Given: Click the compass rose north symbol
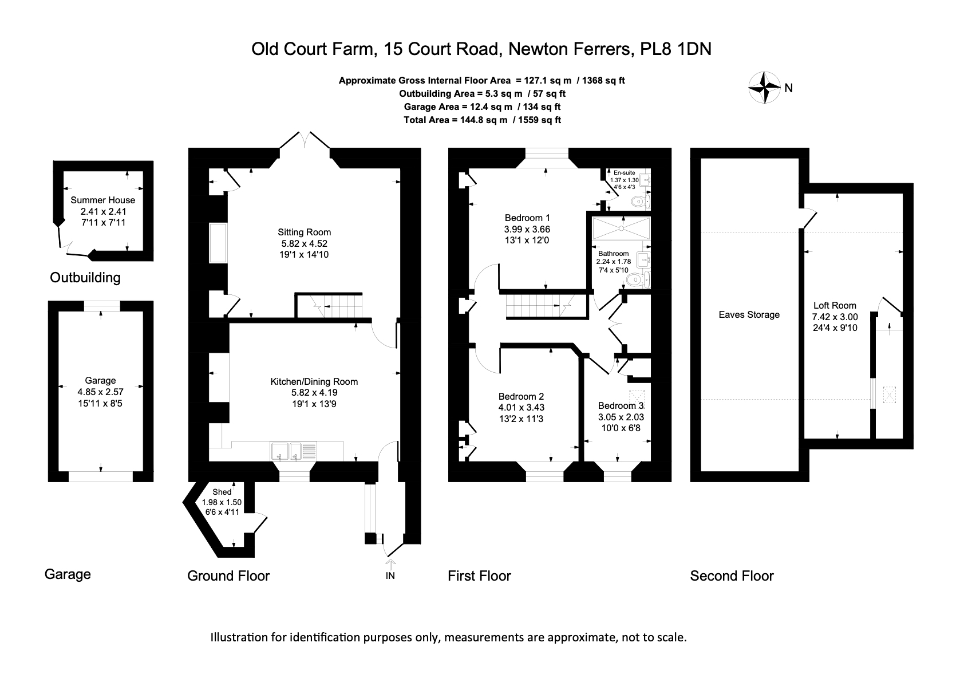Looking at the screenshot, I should pos(765,88).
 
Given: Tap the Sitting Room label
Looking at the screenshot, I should pos(304,232).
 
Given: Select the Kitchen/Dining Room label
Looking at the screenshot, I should pos(314,381).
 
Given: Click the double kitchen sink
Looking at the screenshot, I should pos(287,451).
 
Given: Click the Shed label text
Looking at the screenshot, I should pos(222,492).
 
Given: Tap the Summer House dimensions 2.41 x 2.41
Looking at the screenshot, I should pos(103,211).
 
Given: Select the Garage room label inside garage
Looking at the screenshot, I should pos(100,380).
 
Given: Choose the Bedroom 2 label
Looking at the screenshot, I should pos(521,396).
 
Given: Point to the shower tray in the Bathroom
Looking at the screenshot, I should pos(621,228).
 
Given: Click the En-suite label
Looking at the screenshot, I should pos(624,172).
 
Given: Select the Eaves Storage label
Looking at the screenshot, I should pos(749,314).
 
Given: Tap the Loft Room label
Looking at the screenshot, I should pos(835,305).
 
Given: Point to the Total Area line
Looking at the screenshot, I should pos(482,120).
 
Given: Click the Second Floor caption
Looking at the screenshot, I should pos(732,575).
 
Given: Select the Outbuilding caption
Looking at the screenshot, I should pos(85,278).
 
